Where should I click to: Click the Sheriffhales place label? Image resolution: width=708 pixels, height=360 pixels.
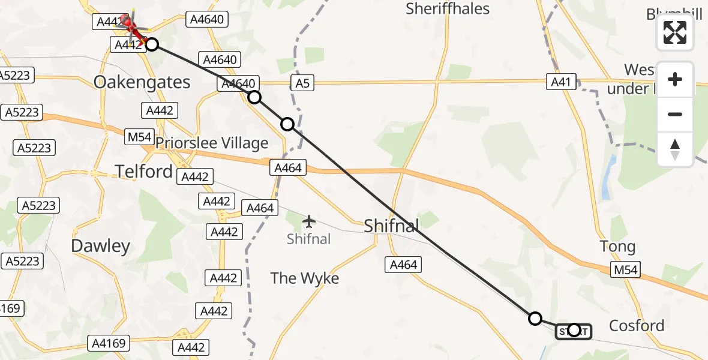(448, 9)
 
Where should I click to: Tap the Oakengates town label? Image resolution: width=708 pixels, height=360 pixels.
(142, 82)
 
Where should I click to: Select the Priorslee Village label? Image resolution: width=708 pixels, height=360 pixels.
(212, 143)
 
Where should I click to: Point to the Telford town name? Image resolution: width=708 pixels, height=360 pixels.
(144, 172)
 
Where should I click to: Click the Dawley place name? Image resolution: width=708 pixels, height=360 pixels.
(100, 246)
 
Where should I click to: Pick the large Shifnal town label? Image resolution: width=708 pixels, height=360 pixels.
(391, 226)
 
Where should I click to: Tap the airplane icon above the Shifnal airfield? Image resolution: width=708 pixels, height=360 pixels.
(309, 222)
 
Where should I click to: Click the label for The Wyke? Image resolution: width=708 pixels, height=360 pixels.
(304, 278)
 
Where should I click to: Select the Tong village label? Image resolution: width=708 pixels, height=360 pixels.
(617, 247)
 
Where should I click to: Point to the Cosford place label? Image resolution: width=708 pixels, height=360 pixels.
(637, 326)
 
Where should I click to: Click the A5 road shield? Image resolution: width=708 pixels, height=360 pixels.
(302, 83)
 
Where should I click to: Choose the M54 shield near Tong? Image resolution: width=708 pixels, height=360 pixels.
(625, 270)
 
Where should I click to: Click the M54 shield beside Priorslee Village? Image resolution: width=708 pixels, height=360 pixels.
(140, 137)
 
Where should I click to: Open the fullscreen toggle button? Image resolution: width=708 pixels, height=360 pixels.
(675, 32)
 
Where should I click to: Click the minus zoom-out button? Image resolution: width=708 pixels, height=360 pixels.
(675, 114)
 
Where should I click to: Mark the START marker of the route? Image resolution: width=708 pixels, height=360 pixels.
(573, 331)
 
